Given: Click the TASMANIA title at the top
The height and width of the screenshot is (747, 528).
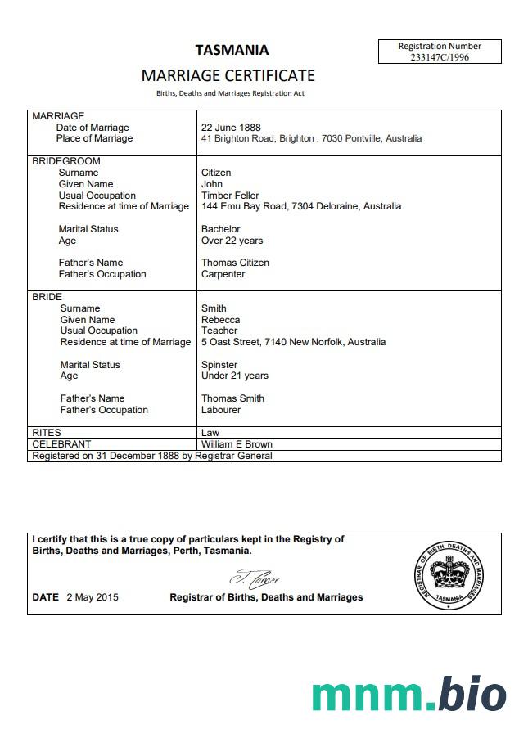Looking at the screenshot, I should click(232, 50).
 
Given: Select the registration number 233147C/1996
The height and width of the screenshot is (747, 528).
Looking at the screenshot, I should click(440, 57).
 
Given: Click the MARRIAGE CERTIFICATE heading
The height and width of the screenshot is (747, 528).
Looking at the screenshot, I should click(228, 75).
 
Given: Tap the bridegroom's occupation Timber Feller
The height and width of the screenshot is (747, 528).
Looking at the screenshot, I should click(230, 196).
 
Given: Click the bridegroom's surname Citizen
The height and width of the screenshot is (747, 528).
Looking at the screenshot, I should click(216, 173).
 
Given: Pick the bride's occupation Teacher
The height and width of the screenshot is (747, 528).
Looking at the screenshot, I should click(219, 331).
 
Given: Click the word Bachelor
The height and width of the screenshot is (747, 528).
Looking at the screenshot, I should click(221, 229).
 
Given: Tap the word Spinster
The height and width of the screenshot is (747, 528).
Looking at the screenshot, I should click(219, 365).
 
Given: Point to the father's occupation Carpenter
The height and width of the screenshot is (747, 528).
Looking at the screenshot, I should click(223, 274).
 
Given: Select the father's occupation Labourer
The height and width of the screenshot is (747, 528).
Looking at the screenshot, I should click(221, 410).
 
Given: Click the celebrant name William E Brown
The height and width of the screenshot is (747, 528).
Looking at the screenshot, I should click(237, 444).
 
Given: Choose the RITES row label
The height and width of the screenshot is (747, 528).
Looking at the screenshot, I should click(46, 433).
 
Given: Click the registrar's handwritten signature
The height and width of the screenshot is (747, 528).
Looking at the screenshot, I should click(255, 578).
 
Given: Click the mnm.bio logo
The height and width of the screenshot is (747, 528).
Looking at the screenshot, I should click(408, 695).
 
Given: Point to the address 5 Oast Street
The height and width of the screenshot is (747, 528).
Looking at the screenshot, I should click(231, 342).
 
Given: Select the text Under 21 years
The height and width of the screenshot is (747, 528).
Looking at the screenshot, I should click(234, 376).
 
